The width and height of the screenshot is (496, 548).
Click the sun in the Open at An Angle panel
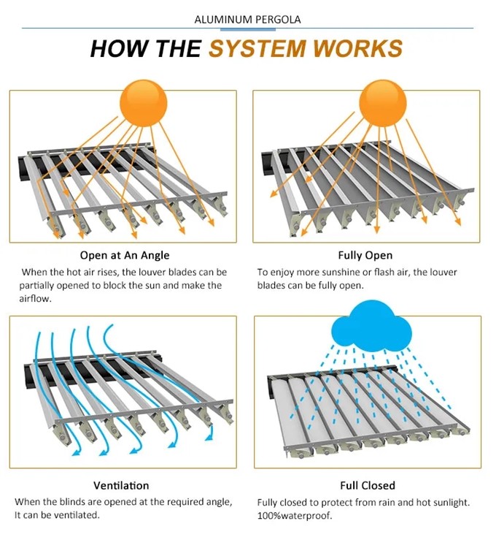pyautogui.click(x=144, y=104)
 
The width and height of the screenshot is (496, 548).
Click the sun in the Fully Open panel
pyautogui.click(x=383, y=104)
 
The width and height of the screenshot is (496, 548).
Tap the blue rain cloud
pyautogui.click(x=371, y=327)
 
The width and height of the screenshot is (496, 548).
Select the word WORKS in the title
pyautogui.click(x=358, y=48)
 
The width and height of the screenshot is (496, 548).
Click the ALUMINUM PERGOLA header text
pyautogui.click(x=248, y=19)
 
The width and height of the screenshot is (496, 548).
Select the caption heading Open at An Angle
pyautogui.click(x=125, y=255)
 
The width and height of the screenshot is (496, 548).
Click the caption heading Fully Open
pyautogui.click(x=365, y=255)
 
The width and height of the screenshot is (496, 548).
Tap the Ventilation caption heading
pyautogui.click(x=121, y=485)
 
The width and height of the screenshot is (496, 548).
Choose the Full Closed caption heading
pyautogui.click(x=368, y=485)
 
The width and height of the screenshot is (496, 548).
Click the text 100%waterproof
pyautogui.click(x=295, y=516)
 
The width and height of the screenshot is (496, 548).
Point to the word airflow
pyautogui.click(x=35, y=299)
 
